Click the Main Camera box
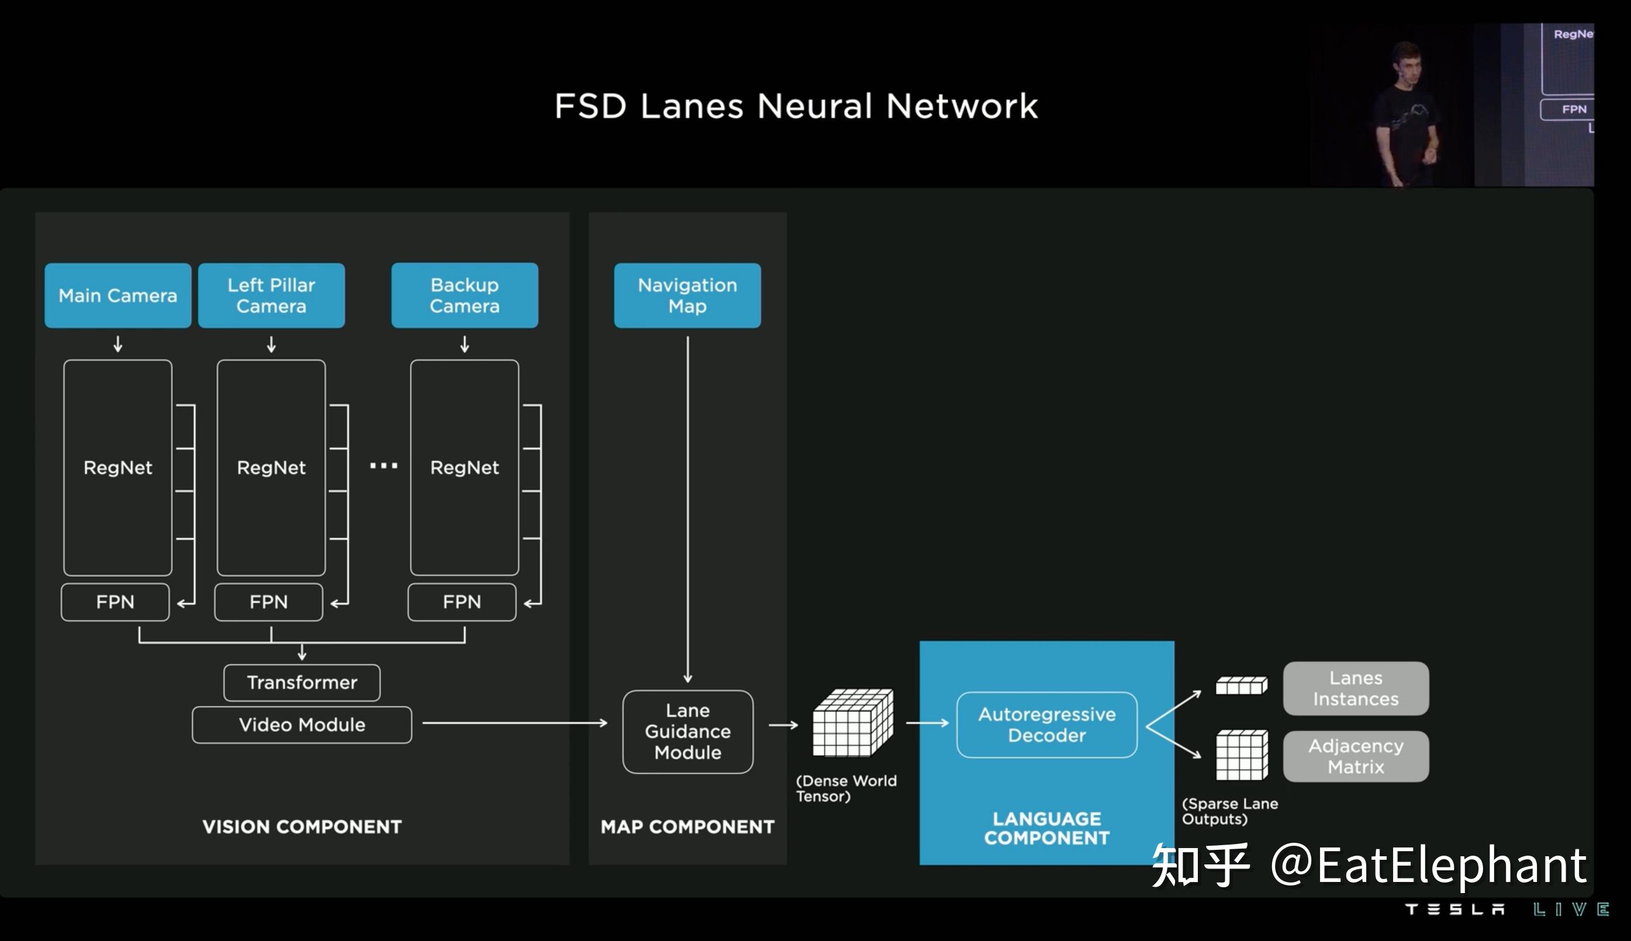(x=118, y=295)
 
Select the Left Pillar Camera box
(x=271, y=295)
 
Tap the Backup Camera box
(x=465, y=295)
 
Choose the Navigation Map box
(x=687, y=295)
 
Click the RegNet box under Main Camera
(x=118, y=467)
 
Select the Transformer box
(x=302, y=683)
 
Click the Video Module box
(x=302, y=725)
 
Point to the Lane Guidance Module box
(x=688, y=732)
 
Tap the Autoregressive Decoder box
(x=1046, y=725)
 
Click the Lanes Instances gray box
(x=1356, y=689)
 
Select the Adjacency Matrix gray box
(x=1356, y=756)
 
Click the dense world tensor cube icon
(x=853, y=722)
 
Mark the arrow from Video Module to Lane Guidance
(x=515, y=722)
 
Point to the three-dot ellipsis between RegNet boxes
(x=383, y=465)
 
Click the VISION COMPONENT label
(x=302, y=826)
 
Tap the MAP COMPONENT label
(x=687, y=826)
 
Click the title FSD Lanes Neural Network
(x=796, y=106)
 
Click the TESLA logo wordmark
(x=1454, y=909)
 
